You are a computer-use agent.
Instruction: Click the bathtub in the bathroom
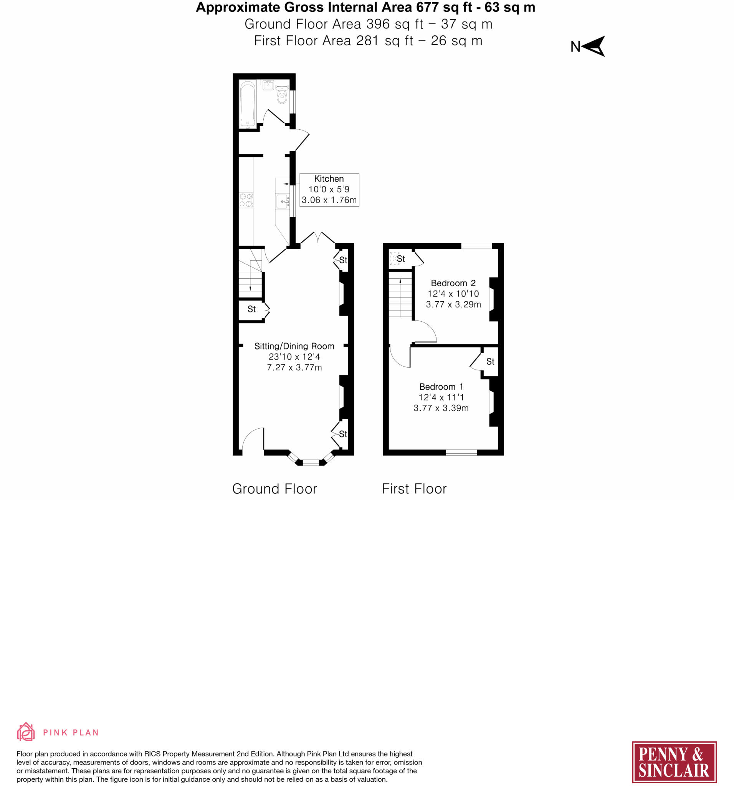(x=248, y=104)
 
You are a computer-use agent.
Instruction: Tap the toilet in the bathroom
(x=281, y=95)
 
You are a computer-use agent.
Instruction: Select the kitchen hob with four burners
(x=246, y=200)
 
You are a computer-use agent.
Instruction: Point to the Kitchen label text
(x=329, y=179)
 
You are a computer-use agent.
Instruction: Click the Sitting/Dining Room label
(x=294, y=346)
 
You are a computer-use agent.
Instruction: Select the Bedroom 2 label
(x=453, y=283)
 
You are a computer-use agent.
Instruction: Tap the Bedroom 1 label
(x=441, y=387)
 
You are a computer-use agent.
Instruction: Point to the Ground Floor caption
(x=274, y=489)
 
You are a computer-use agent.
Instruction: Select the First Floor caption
(x=414, y=489)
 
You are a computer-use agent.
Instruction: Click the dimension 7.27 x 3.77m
(x=294, y=367)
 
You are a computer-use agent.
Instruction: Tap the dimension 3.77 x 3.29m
(x=453, y=304)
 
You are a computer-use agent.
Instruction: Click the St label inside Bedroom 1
(x=490, y=362)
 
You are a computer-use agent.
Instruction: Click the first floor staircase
(x=401, y=297)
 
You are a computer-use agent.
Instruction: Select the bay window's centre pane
(x=311, y=462)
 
